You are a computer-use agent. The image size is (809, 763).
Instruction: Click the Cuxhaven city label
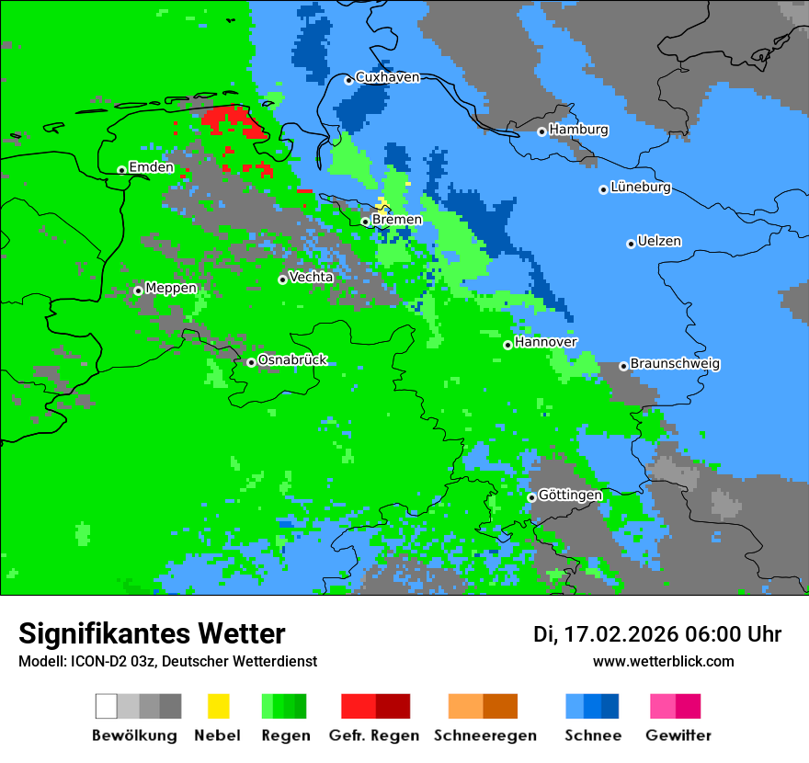pos(387,77)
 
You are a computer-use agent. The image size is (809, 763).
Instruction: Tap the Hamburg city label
pos(578,130)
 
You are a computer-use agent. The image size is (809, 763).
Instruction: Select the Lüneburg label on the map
pos(641,188)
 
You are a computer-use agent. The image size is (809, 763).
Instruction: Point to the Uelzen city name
pos(659,242)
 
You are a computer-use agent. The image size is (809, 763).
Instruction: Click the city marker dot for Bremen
pos(365,222)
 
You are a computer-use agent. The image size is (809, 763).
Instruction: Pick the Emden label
pos(151,167)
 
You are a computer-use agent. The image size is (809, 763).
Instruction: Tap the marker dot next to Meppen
pos(138,290)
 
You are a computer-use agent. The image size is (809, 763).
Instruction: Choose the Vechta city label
pos(311,277)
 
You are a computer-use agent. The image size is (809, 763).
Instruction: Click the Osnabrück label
pos(292,360)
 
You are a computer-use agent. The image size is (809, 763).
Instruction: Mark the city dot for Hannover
pos(507,345)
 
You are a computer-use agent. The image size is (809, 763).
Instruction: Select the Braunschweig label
pos(675,364)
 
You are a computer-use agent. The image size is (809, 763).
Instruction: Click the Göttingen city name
pos(570,495)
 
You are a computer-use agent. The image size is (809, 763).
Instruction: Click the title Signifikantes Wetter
pos(152,633)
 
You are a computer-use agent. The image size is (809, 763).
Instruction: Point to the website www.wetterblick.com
pos(663,661)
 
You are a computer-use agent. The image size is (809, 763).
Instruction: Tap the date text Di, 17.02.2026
pos(603,634)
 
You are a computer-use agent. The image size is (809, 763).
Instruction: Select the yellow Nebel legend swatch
pos(218,706)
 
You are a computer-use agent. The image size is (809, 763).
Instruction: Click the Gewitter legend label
pos(678,735)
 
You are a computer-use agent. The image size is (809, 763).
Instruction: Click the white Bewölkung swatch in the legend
pos(107,706)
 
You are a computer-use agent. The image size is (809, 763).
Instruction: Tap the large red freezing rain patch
pos(234,121)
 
